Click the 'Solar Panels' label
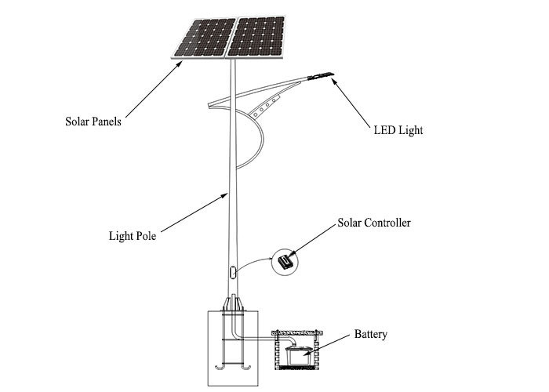tap(93, 122)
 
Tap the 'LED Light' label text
tap(398, 130)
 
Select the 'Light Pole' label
tap(132, 234)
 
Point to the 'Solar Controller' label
tap(373, 223)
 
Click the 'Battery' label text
tap(369, 335)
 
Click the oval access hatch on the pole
tap(232, 274)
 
